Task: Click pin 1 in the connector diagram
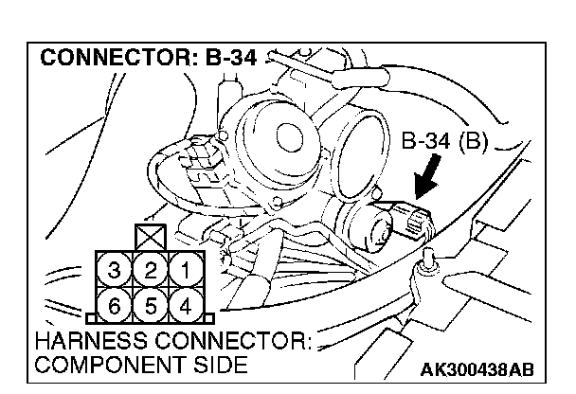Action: (187, 271)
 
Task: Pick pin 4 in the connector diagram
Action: (187, 305)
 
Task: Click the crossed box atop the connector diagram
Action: (151, 237)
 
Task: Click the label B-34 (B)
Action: (444, 145)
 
